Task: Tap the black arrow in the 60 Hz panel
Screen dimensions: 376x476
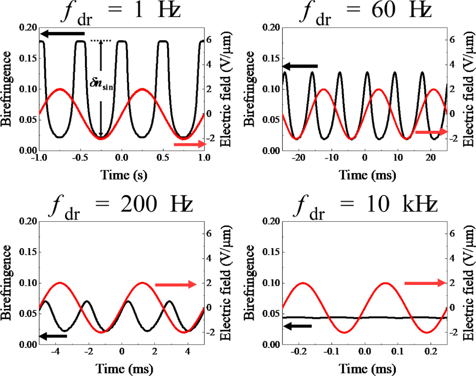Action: (300, 66)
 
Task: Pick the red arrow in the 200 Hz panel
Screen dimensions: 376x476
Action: (176, 285)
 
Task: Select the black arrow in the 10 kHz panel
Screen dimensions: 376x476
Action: (298, 326)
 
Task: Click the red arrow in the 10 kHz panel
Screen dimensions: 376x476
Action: (425, 283)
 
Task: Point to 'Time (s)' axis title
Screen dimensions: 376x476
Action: (124, 175)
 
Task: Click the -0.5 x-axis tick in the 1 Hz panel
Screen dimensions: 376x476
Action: (80, 157)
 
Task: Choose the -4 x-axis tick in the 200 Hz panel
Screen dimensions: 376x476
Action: (55, 351)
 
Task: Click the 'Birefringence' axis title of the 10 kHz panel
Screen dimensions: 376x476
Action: (250, 282)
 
